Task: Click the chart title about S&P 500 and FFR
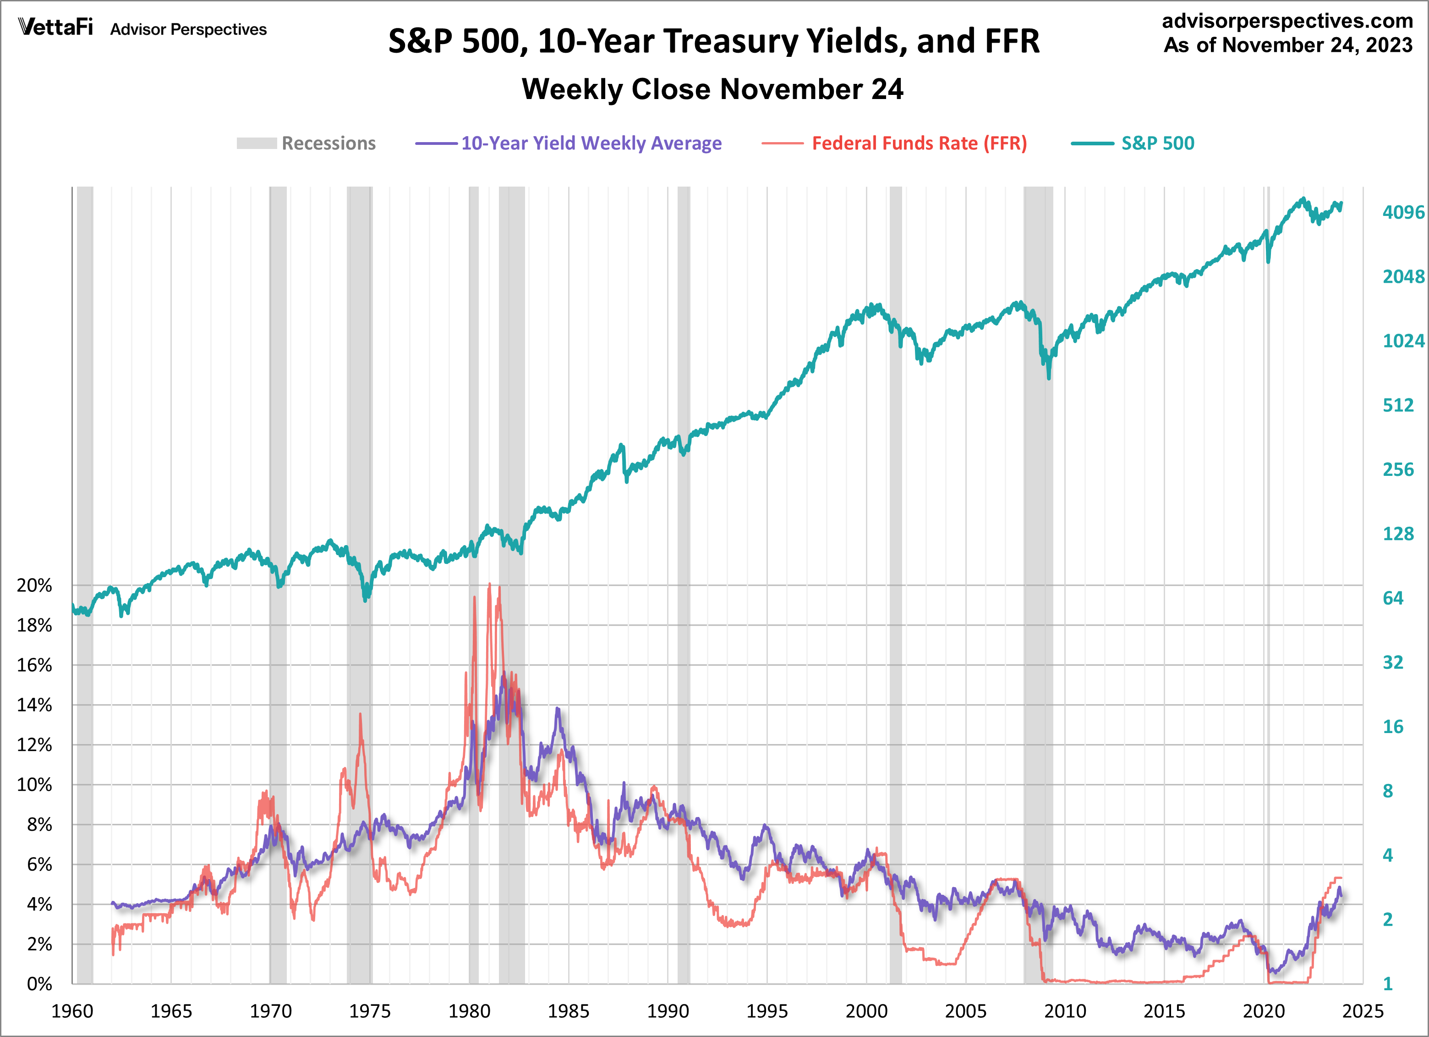(x=713, y=42)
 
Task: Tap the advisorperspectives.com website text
(x=1287, y=21)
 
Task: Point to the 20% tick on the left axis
(x=34, y=585)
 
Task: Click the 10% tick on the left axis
(x=34, y=785)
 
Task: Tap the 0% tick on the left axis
(x=39, y=984)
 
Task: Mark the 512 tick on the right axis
(x=1397, y=405)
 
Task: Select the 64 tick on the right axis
(x=1392, y=598)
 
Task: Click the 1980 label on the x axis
(x=470, y=1012)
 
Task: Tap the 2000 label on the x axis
(x=866, y=1012)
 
